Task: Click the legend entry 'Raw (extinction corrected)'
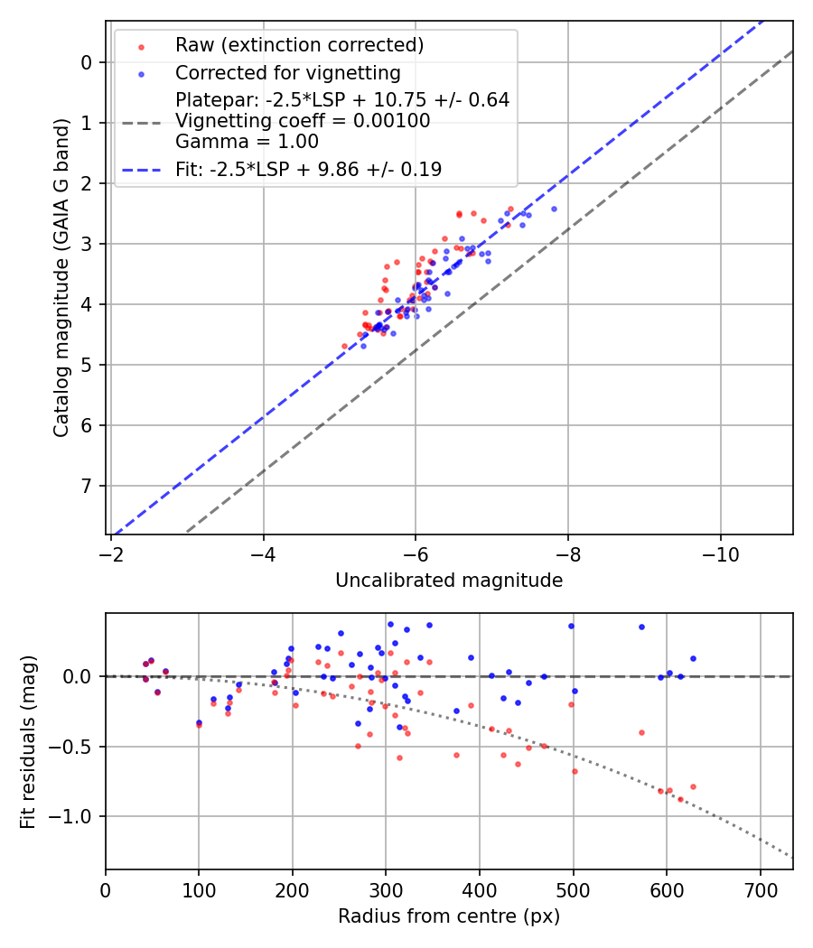click(299, 45)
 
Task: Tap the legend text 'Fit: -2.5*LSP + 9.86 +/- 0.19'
click(308, 170)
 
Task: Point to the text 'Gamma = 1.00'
click(247, 142)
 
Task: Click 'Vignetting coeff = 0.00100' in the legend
click(303, 121)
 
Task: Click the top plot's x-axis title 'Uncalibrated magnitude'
click(449, 581)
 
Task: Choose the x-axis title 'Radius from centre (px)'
click(449, 916)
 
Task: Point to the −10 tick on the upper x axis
click(720, 550)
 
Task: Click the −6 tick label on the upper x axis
click(416, 550)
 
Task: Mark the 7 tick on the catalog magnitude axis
click(88, 486)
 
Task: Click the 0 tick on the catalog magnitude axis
click(88, 62)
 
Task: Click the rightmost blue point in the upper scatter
click(554, 209)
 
